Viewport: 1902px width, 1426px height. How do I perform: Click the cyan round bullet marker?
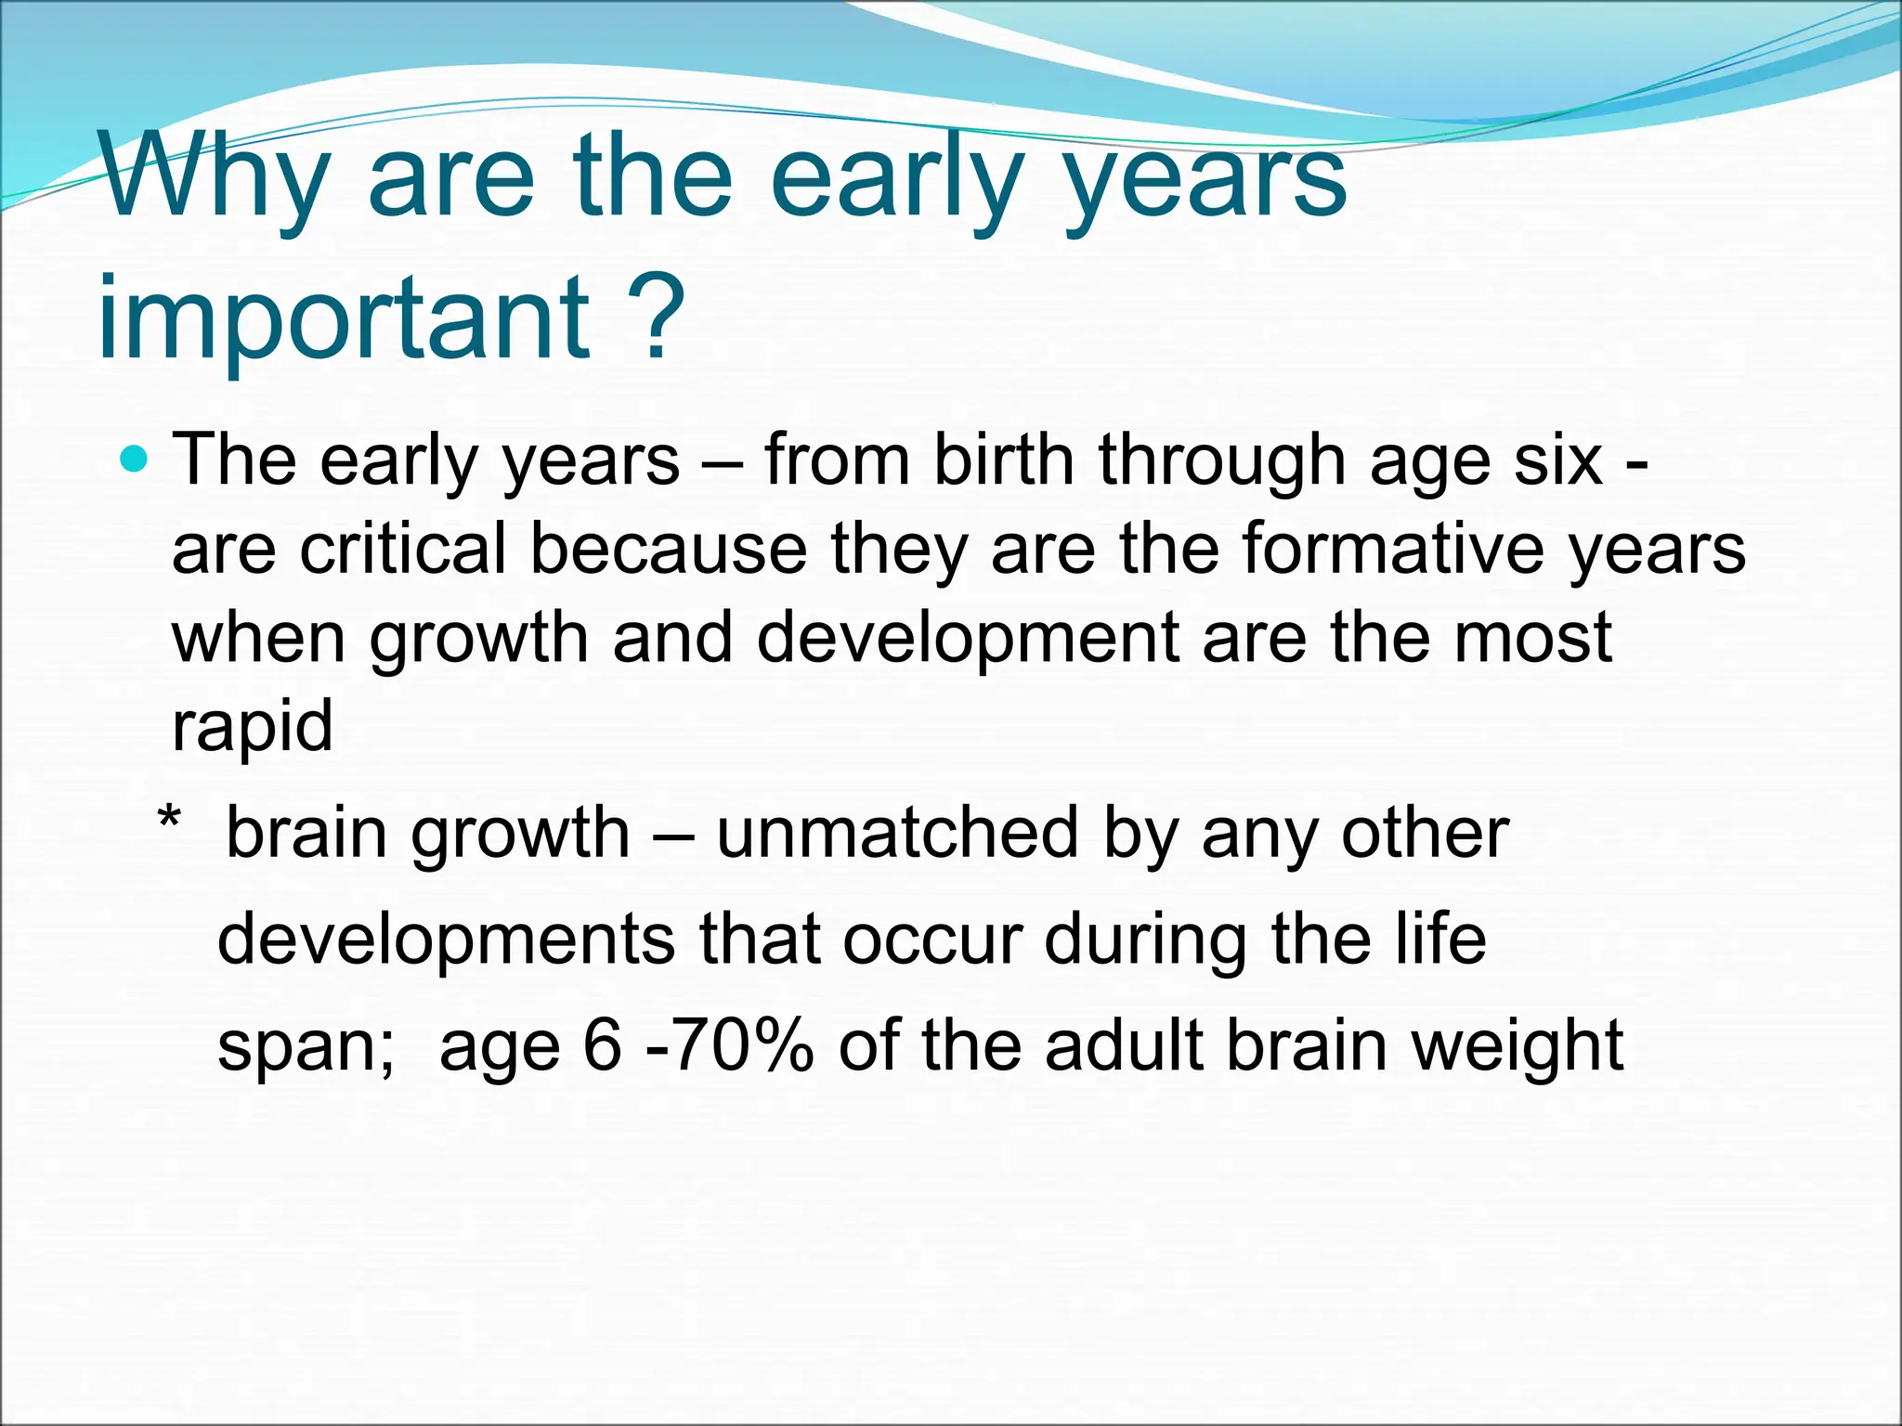135,459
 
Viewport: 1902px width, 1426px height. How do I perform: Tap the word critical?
403,548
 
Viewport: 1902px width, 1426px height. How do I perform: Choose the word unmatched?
897,833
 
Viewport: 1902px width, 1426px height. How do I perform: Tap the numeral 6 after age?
602,1045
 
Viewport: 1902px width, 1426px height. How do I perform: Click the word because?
669,548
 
